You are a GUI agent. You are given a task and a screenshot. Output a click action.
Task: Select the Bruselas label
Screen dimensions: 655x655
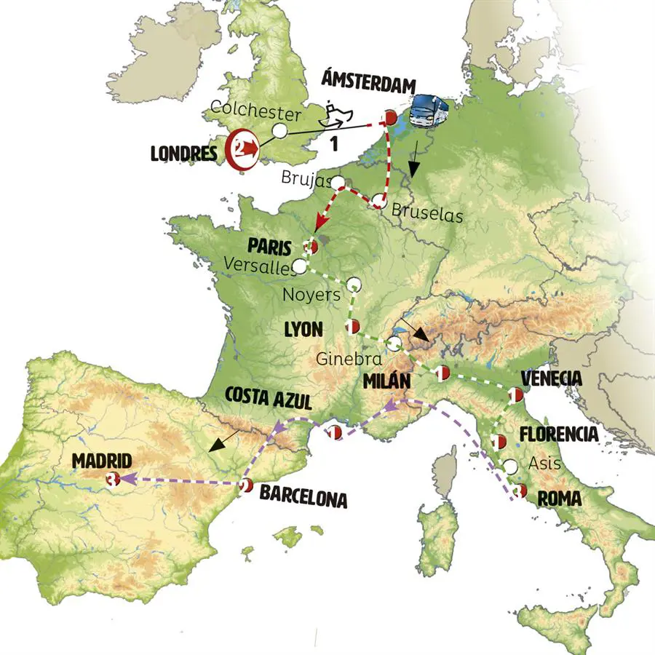click(x=426, y=214)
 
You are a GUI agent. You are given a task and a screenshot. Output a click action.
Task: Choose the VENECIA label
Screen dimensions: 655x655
click(x=552, y=378)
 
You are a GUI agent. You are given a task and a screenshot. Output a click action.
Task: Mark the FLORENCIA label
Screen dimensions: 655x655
click(x=559, y=434)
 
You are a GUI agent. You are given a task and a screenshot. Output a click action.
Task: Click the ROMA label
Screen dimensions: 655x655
click(x=559, y=499)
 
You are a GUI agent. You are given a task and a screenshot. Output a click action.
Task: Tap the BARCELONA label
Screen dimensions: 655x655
click(x=303, y=500)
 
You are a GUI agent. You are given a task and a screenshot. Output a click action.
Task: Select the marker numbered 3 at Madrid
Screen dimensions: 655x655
click(x=111, y=479)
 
